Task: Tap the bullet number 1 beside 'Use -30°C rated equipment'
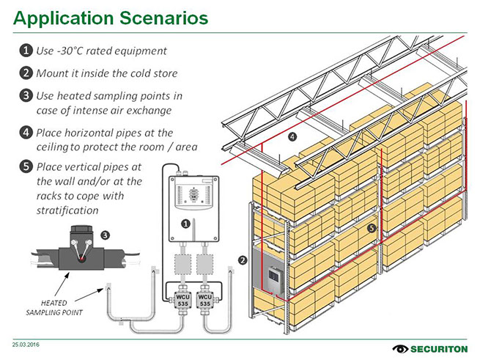(25, 51)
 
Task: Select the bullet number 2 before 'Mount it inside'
(25, 73)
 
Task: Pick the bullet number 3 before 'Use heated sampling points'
(25, 95)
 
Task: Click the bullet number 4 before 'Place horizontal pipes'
(25, 133)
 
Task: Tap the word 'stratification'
(67, 210)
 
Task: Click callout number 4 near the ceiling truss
(292, 136)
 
